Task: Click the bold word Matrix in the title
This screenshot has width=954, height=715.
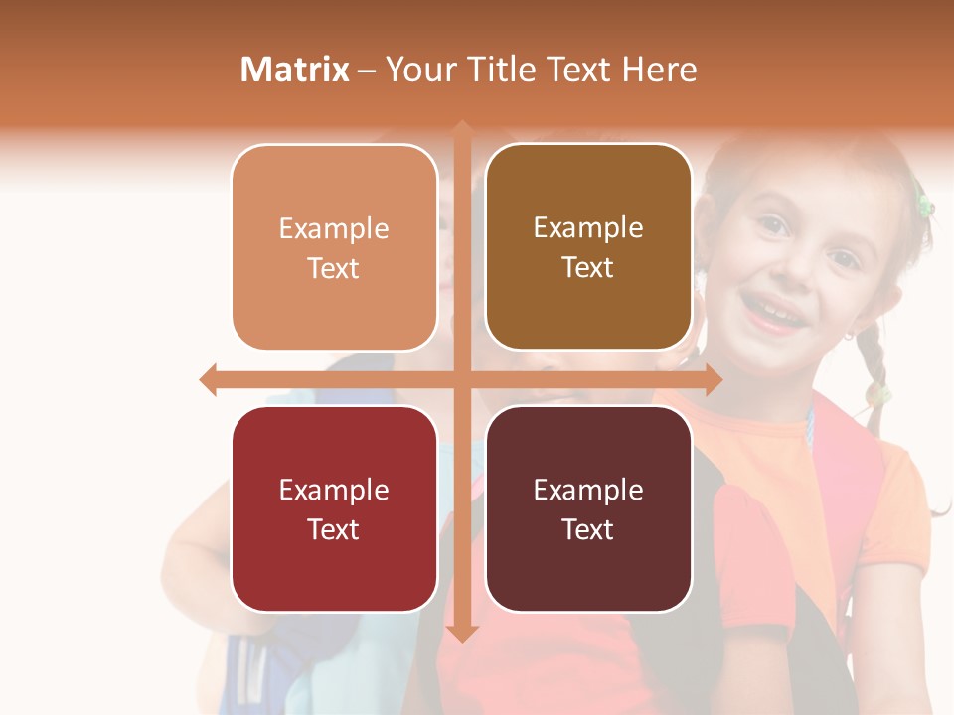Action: (x=295, y=70)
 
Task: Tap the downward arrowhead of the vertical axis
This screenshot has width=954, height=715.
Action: (x=461, y=633)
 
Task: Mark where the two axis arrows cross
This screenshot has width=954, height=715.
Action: (x=461, y=379)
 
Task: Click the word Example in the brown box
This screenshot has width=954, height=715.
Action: (x=588, y=228)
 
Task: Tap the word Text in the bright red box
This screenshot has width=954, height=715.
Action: (x=334, y=529)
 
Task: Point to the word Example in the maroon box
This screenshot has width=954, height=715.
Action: (x=588, y=490)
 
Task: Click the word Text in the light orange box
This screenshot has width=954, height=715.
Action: (x=334, y=268)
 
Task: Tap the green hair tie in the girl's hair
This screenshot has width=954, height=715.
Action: (x=924, y=205)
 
